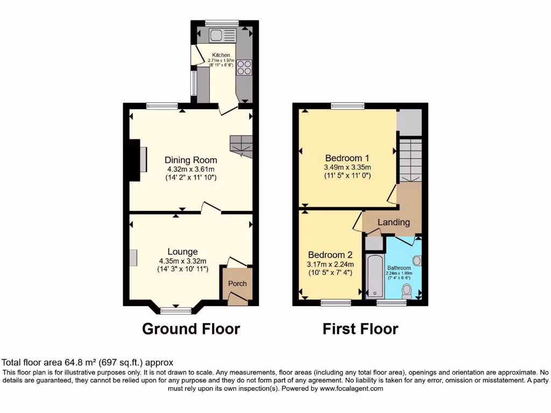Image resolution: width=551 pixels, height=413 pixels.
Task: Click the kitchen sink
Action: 223,36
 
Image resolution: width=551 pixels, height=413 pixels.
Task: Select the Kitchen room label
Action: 221,55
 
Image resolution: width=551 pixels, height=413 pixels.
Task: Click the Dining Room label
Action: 191,160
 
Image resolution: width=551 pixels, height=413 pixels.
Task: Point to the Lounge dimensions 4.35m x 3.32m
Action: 182,261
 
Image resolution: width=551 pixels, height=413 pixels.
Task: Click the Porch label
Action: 237,283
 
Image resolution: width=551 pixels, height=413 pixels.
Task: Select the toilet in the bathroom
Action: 406,291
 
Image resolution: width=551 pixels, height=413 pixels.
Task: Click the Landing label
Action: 393,222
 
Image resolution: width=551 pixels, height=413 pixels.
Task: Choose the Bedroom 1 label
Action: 347,158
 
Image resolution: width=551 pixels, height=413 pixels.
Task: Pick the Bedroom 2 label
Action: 330,254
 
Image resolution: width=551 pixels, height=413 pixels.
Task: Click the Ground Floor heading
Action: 191,328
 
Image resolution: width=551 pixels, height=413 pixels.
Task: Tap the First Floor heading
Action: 361,328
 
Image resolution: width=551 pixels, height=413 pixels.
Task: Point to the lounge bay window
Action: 176,309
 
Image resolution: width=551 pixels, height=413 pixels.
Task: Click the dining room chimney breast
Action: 133,159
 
